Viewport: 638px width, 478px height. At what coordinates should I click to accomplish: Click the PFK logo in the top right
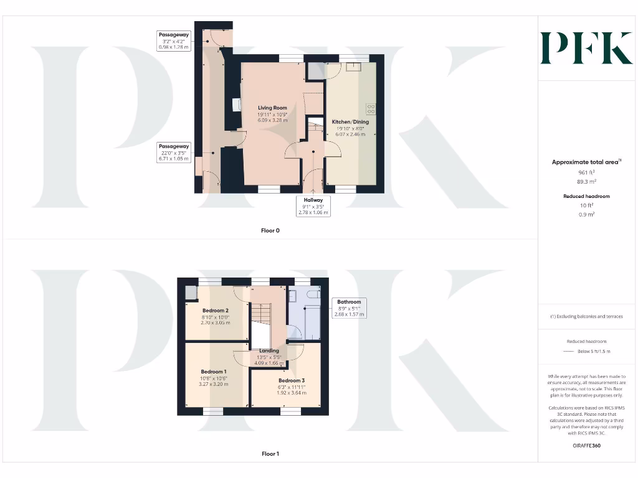click(x=586, y=48)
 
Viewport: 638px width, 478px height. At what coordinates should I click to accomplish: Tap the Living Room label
click(x=272, y=108)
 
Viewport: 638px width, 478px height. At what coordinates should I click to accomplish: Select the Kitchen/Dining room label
click(x=350, y=122)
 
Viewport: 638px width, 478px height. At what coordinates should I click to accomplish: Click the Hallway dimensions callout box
click(x=313, y=206)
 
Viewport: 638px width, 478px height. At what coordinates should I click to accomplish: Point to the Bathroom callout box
click(x=348, y=308)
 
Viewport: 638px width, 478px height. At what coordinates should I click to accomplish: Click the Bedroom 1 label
click(x=213, y=372)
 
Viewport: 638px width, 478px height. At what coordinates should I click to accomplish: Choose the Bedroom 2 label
click(x=215, y=311)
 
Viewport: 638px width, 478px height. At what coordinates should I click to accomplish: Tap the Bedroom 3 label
click(x=291, y=380)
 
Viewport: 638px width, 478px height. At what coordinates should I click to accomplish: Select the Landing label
click(x=269, y=350)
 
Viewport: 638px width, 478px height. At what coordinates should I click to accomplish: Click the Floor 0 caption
click(x=270, y=230)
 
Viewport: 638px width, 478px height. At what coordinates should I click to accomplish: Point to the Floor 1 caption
click(x=270, y=454)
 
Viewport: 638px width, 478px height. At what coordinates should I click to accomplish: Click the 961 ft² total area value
click(x=586, y=172)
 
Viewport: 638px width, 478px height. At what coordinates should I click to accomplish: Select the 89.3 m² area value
click(x=586, y=182)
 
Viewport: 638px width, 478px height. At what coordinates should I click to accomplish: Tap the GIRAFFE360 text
click(x=586, y=446)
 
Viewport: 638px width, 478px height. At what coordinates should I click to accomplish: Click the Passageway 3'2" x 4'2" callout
click(x=173, y=40)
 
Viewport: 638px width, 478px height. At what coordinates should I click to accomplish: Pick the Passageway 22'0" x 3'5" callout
click(x=173, y=152)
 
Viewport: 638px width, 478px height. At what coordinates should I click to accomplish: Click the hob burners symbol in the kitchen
click(x=371, y=108)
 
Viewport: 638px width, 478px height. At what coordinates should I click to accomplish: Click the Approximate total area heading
click(x=586, y=162)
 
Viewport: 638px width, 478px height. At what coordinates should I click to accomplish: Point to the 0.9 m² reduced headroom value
click(x=586, y=214)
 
